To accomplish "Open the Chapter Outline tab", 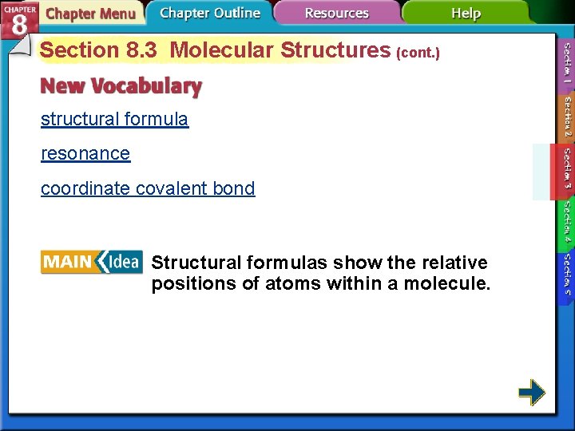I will [x=209, y=13].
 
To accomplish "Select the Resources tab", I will [x=336, y=14].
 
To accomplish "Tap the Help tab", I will [x=466, y=14].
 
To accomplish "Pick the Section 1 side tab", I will [x=565, y=65].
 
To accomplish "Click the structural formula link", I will [x=114, y=120].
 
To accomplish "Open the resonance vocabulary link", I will [x=85, y=154].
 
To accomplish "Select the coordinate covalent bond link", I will [x=148, y=189].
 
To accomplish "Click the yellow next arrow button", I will [x=531, y=392].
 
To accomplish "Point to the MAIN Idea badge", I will [x=91, y=262].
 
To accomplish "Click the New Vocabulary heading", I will [x=121, y=85].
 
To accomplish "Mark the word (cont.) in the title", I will [x=418, y=53].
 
